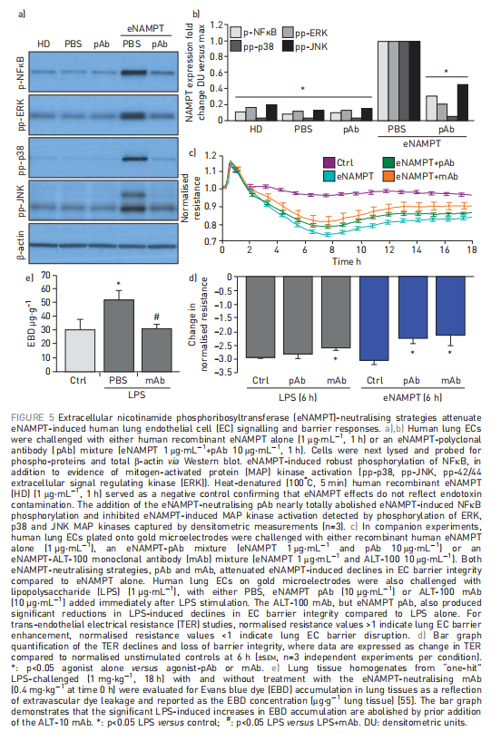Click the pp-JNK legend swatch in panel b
[288, 46]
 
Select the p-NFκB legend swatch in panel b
[236, 33]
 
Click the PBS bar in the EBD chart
[118, 336]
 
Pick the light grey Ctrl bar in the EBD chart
[80, 351]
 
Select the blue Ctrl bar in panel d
[374, 319]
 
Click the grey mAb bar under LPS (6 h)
[336, 313]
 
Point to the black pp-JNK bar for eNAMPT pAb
[463, 102]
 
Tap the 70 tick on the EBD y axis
[45, 275]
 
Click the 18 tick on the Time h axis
[472, 250]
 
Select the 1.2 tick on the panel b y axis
[216, 25]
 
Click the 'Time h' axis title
[347, 261]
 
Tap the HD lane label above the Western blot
[44, 44]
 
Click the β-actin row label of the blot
[21, 244]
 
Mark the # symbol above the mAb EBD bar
[157, 317]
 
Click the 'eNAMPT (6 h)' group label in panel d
[413, 397]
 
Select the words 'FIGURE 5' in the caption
[33, 417]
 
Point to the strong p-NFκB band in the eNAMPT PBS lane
[133, 73]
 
